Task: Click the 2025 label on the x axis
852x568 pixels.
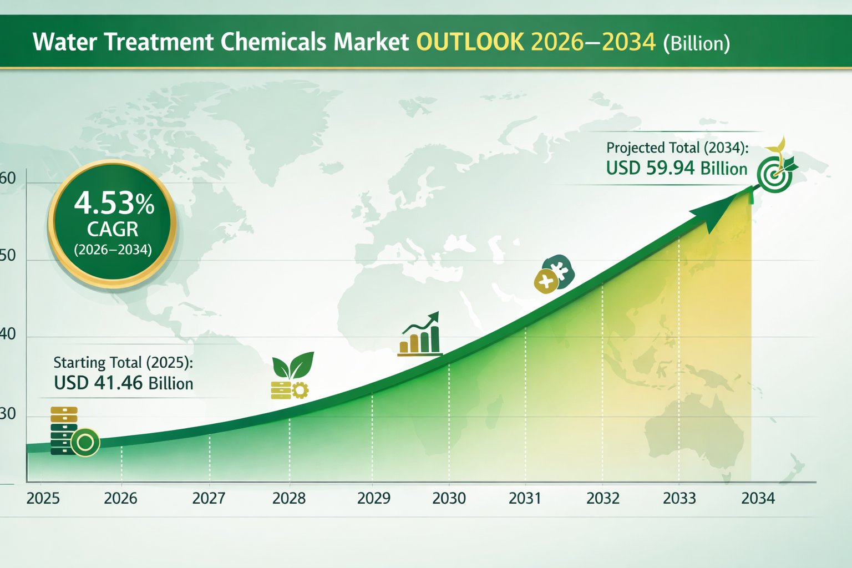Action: point(43,498)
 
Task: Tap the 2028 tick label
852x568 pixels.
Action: point(288,498)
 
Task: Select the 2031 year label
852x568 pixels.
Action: point(525,498)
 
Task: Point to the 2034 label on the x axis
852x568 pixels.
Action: point(758,498)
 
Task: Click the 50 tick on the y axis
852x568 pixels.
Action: point(8,256)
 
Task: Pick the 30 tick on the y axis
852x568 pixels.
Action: point(8,414)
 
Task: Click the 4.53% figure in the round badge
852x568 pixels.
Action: point(114,203)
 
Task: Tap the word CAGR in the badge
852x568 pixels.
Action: point(113,229)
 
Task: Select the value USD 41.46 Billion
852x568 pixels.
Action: point(124,383)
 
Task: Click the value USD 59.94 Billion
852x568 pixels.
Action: point(677,168)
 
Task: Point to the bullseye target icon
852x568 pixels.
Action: point(774,175)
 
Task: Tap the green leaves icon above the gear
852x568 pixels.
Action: point(293,365)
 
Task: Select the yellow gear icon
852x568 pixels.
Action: point(300,390)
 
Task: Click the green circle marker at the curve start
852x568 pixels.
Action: point(85,442)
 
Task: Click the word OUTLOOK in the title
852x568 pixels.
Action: point(470,42)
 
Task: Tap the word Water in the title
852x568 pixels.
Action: point(65,42)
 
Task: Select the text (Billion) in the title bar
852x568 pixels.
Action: point(697,43)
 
